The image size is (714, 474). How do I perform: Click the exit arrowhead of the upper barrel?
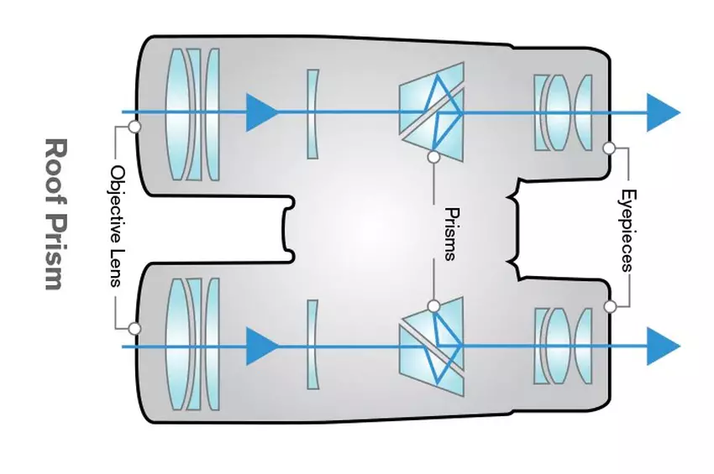[663, 112]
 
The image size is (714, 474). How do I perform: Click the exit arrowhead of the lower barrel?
[663, 346]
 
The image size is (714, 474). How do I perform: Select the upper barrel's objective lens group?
[192, 114]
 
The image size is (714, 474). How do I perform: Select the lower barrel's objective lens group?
[192, 346]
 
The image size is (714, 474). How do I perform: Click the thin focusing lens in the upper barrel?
[312, 114]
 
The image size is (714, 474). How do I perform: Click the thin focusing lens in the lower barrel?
[312, 344]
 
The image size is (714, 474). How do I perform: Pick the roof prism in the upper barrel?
[433, 109]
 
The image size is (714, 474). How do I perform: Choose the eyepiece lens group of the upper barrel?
[562, 112]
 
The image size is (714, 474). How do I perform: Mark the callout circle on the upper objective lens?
[133, 128]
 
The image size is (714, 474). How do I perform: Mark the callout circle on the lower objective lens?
[133, 329]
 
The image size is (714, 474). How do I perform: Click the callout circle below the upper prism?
[433, 157]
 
